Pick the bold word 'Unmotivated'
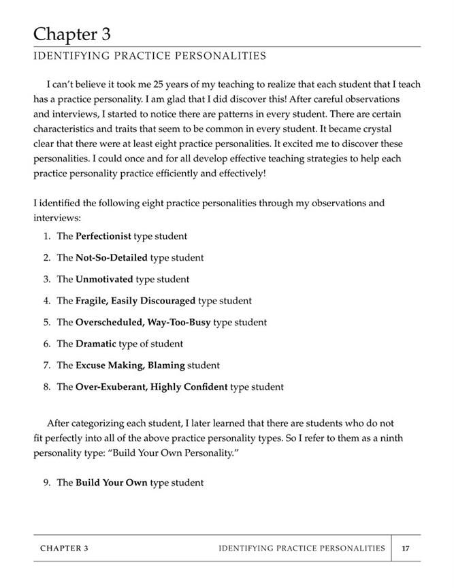(x=104, y=279)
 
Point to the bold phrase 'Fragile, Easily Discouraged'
(x=135, y=300)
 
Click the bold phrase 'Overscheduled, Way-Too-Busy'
(x=143, y=322)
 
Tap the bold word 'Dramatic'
(x=96, y=344)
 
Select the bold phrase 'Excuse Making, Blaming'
(x=130, y=365)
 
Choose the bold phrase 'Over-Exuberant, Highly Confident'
(x=151, y=387)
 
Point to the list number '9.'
(x=47, y=483)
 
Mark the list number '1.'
(x=47, y=236)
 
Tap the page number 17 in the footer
(x=406, y=548)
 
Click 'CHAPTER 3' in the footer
(x=64, y=548)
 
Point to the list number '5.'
(x=47, y=322)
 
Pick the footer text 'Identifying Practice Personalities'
(x=302, y=548)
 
